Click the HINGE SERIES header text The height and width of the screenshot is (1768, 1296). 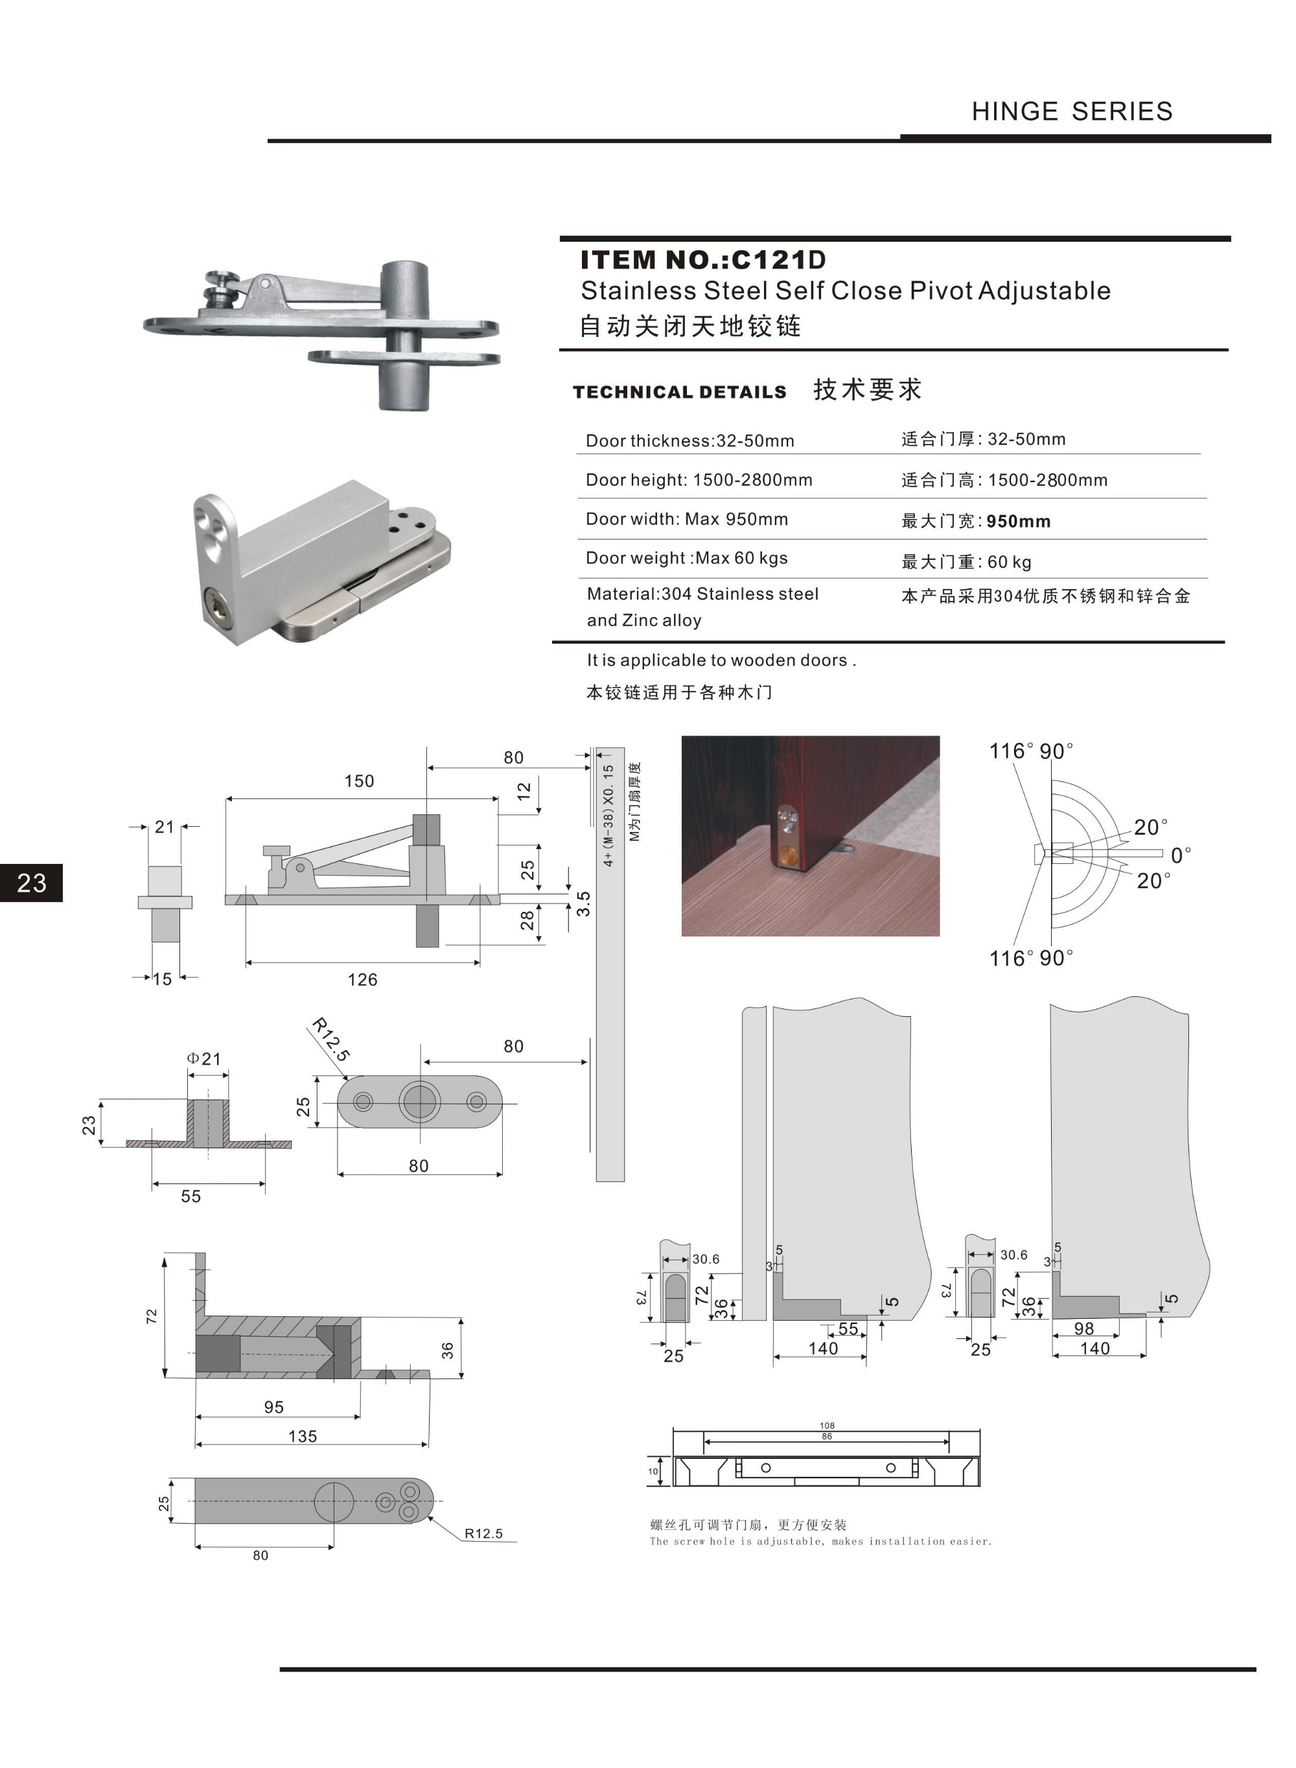(x=1072, y=111)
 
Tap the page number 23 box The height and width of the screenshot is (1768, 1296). (x=31, y=883)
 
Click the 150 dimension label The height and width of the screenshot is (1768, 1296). (x=359, y=780)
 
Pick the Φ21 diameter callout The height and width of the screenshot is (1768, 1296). (x=204, y=1058)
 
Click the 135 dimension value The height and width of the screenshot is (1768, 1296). (x=303, y=1436)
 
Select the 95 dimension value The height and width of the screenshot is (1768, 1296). (x=274, y=1406)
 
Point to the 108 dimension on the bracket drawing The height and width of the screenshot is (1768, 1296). (x=827, y=1425)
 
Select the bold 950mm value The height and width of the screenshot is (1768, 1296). (x=1018, y=521)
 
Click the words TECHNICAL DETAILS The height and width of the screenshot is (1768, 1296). (x=679, y=391)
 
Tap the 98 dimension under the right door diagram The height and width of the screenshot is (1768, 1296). (x=1083, y=1328)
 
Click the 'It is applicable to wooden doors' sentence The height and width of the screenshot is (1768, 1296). (x=721, y=660)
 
